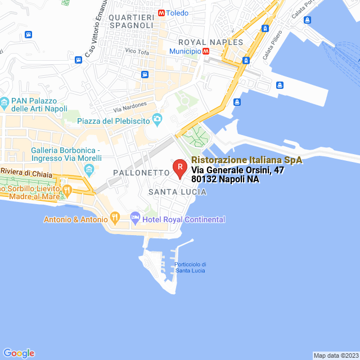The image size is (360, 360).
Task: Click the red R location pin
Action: [179, 168]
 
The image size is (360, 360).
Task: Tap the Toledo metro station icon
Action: [162, 12]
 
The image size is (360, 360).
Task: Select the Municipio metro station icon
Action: [206, 51]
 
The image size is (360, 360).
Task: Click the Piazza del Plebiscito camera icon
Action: [157, 119]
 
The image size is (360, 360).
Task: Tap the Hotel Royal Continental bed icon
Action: [135, 217]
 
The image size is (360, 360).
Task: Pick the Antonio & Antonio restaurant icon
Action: [115, 217]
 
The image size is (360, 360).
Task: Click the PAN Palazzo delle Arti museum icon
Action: [4, 102]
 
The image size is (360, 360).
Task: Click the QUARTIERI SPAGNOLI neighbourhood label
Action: [131, 21]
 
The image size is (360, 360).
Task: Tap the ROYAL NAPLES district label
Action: [210, 42]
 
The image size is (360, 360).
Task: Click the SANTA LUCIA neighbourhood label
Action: [177, 192]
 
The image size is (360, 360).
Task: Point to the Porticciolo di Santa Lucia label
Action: [190, 267]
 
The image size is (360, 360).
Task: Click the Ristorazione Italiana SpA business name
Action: [246, 160]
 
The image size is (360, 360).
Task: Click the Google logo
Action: [19, 353]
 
